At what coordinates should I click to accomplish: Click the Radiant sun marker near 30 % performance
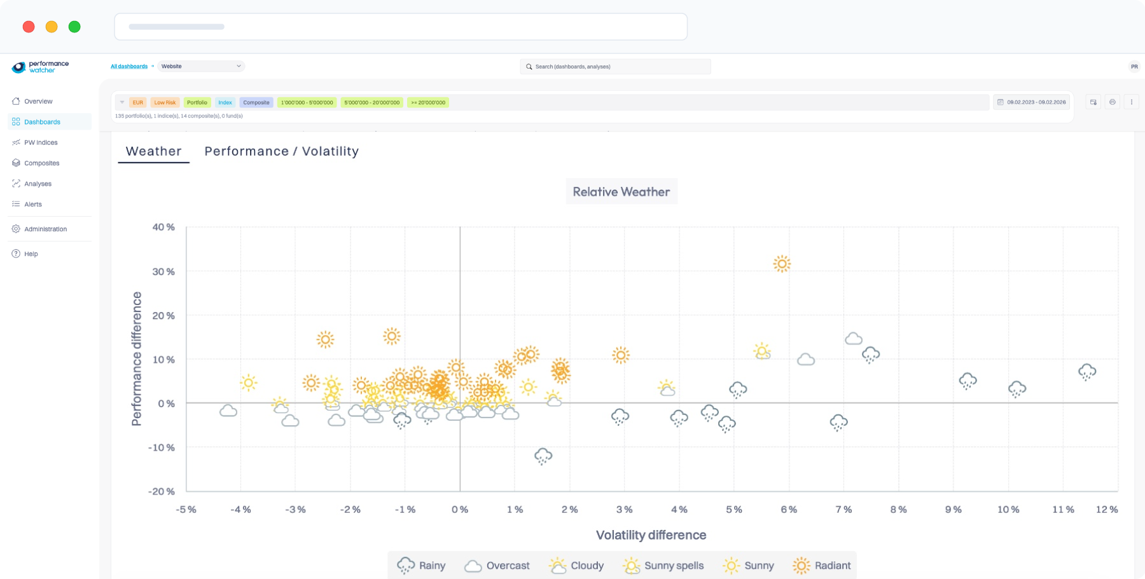point(782,264)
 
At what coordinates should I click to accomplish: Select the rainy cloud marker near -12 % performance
point(543,456)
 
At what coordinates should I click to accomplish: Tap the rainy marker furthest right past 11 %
point(1087,372)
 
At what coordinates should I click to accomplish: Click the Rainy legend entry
point(421,566)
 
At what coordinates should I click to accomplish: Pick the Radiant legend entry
point(822,566)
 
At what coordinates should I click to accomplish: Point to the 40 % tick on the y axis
point(163,227)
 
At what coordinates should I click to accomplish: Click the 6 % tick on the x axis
point(789,510)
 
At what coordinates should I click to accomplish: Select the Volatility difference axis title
point(651,535)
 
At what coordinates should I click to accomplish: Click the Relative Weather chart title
point(621,192)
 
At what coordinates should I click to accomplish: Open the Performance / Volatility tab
point(281,151)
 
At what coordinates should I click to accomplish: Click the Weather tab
point(153,151)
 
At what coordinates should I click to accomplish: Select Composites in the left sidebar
point(41,163)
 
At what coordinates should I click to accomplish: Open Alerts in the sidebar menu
point(33,205)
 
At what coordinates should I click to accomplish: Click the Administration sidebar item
point(45,229)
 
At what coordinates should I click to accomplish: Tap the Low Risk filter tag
point(165,102)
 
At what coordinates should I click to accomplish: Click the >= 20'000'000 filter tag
point(428,102)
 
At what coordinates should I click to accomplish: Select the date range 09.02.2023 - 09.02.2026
point(1032,102)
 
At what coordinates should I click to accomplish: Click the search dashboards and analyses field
point(615,67)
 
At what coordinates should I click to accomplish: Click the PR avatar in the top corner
point(1134,67)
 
